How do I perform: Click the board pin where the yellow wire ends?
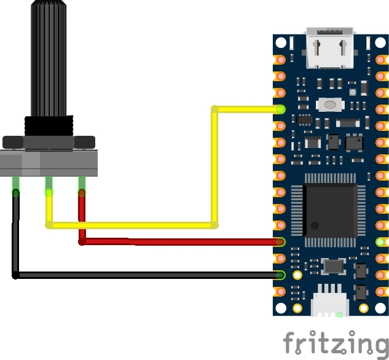point(280,110)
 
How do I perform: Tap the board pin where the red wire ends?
point(280,242)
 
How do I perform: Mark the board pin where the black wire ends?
point(280,275)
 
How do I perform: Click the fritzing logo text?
point(336,343)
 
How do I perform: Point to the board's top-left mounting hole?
point(281,44)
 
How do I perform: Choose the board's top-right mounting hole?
point(381,44)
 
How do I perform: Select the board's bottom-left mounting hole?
point(281,307)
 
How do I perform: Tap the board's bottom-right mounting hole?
point(381,307)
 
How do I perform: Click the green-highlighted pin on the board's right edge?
point(381,242)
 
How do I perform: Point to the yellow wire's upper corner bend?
point(214,110)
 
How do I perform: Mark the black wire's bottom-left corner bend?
point(16,275)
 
